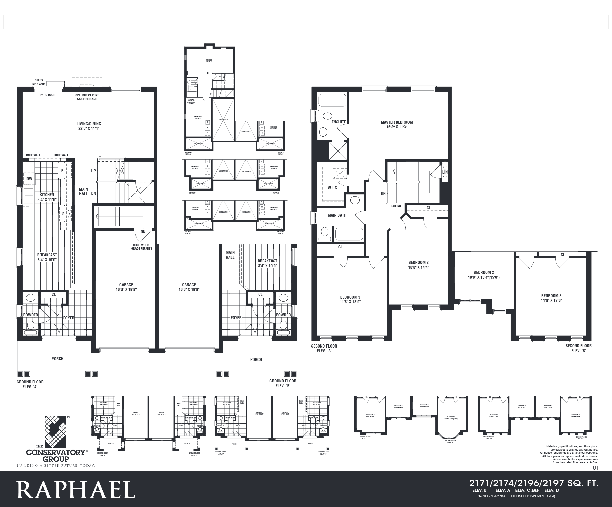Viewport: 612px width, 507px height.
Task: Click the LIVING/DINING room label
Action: (x=89, y=126)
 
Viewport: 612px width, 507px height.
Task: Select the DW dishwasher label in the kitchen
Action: (x=29, y=179)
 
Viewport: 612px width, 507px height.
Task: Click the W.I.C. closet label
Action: (x=333, y=188)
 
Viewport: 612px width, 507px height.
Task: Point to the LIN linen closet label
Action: (x=445, y=172)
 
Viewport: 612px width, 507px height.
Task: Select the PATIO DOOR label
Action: (x=48, y=95)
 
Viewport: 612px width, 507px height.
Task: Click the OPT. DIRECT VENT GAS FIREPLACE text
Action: (x=87, y=97)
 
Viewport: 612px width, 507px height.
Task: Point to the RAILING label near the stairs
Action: (x=396, y=206)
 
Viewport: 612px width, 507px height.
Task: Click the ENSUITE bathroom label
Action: (x=338, y=122)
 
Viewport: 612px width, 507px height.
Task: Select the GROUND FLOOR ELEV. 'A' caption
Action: (x=30, y=384)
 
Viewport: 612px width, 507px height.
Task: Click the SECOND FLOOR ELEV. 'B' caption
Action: (x=578, y=348)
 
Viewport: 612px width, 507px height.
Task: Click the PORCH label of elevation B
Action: (x=256, y=359)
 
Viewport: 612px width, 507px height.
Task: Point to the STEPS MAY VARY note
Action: (x=39, y=82)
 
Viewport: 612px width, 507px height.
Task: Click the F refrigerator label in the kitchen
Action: (x=62, y=171)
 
